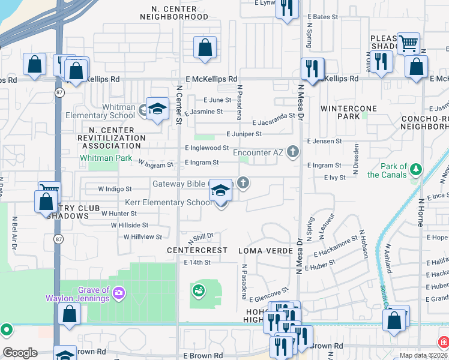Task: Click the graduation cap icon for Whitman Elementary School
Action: [157, 109]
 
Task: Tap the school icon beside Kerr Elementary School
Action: [221, 191]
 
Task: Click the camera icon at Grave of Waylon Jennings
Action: [119, 292]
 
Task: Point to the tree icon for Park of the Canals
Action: [416, 170]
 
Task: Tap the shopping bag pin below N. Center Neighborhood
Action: [205, 47]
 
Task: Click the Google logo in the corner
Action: [19, 353]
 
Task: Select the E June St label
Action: [217, 100]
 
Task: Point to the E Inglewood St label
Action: [206, 148]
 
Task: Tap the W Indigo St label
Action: [115, 189]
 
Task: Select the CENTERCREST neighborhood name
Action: [197, 250]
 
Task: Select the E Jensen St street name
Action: [324, 141]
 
